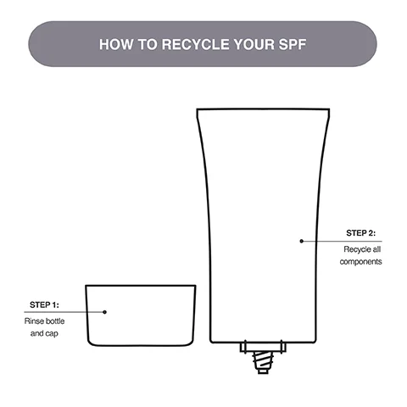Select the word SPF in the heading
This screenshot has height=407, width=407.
point(292,44)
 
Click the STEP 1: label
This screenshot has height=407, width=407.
point(44,304)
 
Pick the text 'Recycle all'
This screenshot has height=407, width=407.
point(362,248)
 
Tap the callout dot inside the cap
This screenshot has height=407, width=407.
point(105,311)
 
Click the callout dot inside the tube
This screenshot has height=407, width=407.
point(301,241)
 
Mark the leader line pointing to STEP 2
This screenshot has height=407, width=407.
point(339,241)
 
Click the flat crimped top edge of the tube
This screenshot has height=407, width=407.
point(262,109)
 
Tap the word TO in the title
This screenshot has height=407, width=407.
point(144,44)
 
